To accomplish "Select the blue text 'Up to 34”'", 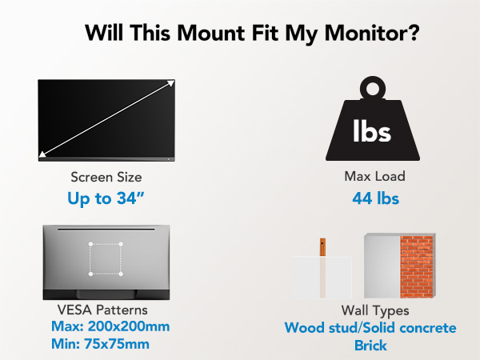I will [x=105, y=198].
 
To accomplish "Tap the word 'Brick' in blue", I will [x=370, y=346].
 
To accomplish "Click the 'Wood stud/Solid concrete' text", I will [x=370, y=328].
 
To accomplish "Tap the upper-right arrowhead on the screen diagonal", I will [x=170, y=82].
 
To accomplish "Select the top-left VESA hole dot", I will [x=90, y=245].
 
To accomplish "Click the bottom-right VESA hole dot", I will [x=121, y=275].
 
